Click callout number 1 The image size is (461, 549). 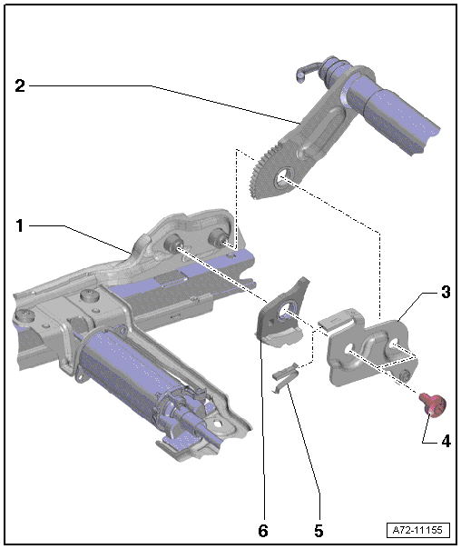tap(20, 225)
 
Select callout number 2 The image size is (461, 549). tap(20, 85)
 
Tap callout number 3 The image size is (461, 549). tap(446, 292)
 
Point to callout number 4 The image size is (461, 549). tap(446, 441)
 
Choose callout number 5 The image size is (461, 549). tap(319, 531)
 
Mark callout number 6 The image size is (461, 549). tap(263, 531)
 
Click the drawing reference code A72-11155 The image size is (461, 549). tap(417, 530)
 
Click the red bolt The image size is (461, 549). tap(434, 404)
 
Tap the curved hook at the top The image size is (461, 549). tap(305, 72)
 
